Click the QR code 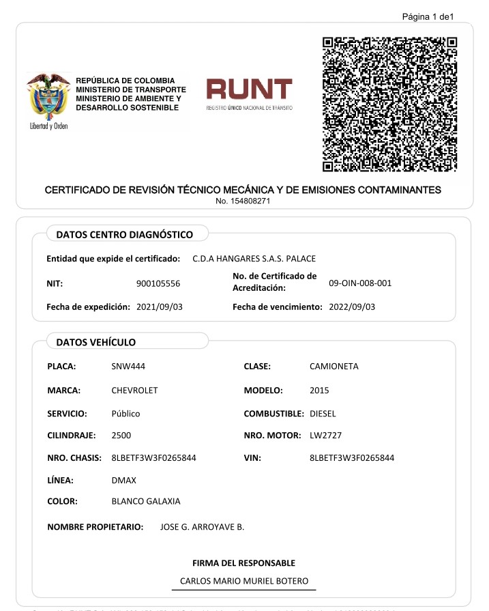(x=390, y=103)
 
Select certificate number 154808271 (x=243, y=201)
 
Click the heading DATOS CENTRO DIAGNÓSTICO (x=124, y=235)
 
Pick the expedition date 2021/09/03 (x=160, y=307)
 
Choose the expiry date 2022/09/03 (x=352, y=307)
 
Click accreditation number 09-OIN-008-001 (x=360, y=283)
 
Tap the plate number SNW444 (x=128, y=367)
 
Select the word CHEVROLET (x=134, y=390)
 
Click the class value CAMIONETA (x=334, y=367)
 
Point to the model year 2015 (x=319, y=390)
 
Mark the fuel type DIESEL (x=323, y=414)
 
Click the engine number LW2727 (x=324, y=435)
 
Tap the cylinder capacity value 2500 (x=121, y=435)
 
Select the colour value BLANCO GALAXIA (x=146, y=501)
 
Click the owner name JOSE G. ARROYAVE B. (x=202, y=527)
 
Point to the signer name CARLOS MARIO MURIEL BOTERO (x=244, y=582)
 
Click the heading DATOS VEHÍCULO (x=95, y=342)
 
